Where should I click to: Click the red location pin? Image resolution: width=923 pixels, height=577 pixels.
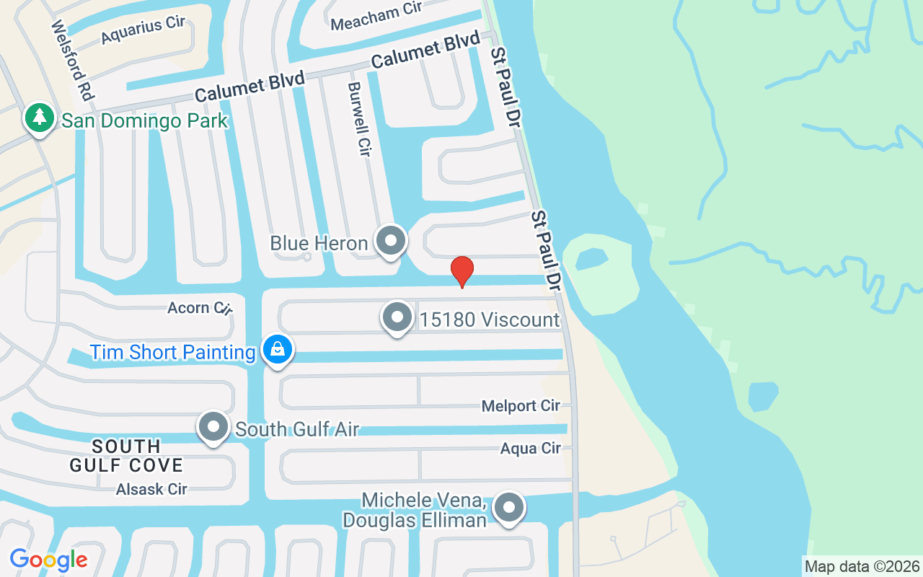461,271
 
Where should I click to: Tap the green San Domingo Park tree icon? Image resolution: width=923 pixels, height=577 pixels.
40,118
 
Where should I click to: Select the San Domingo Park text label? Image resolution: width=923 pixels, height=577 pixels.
144,120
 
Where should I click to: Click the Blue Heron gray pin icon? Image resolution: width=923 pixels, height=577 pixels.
391,241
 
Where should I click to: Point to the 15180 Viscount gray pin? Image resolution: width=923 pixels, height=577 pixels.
397,317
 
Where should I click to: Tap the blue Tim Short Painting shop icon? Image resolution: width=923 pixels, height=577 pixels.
276,350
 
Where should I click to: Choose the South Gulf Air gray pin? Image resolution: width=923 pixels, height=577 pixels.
213,427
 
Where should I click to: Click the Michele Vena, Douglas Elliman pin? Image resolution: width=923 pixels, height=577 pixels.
509,508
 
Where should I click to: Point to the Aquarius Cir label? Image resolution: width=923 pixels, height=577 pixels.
143,30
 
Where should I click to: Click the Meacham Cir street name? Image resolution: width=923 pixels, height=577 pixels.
376,16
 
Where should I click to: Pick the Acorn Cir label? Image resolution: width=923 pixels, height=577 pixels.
199,308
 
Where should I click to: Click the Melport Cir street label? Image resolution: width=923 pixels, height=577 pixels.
521,406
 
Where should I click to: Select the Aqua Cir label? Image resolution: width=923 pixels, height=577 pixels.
530,449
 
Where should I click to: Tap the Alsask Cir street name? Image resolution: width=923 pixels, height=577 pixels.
151,489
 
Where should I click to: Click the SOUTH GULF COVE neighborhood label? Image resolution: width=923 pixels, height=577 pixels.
126,455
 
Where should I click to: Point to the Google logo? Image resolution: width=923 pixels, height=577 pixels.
48,559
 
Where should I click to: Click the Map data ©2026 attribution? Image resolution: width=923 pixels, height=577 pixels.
862,567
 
